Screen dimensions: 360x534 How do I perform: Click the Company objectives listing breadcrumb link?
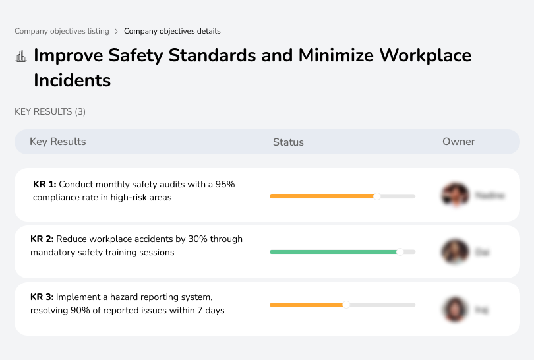click(x=62, y=31)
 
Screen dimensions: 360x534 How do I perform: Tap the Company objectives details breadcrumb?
click(x=172, y=31)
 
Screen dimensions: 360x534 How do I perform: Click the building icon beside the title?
click(x=21, y=56)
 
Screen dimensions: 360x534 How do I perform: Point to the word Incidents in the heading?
click(x=73, y=80)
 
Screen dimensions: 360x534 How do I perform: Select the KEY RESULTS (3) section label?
click(x=50, y=111)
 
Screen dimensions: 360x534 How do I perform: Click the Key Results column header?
click(x=57, y=142)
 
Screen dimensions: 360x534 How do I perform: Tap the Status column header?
click(x=288, y=142)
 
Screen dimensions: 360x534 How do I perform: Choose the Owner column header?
click(x=459, y=142)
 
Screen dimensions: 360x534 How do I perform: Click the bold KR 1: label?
click(x=44, y=185)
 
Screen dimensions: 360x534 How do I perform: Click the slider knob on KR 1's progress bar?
click(x=377, y=196)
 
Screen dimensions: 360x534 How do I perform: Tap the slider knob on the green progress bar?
click(x=400, y=252)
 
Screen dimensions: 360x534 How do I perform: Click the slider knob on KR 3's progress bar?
click(x=346, y=305)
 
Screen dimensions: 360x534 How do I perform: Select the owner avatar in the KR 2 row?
click(x=455, y=252)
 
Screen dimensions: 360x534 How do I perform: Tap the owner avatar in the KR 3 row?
click(x=455, y=309)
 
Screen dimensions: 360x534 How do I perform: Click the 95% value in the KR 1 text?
click(x=225, y=185)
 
